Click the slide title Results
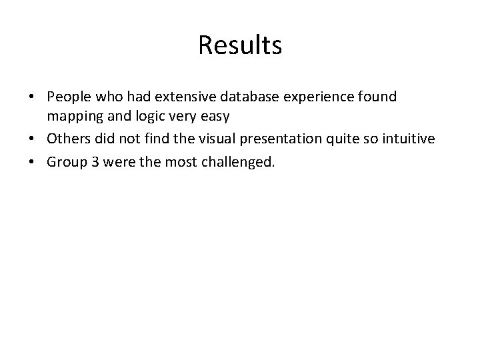click(240, 45)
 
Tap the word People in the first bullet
click(68, 97)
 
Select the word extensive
click(172, 97)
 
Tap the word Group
click(65, 162)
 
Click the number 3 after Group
click(93, 162)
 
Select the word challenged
click(238, 162)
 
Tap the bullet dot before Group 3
click(32, 163)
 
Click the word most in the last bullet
click(179, 162)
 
